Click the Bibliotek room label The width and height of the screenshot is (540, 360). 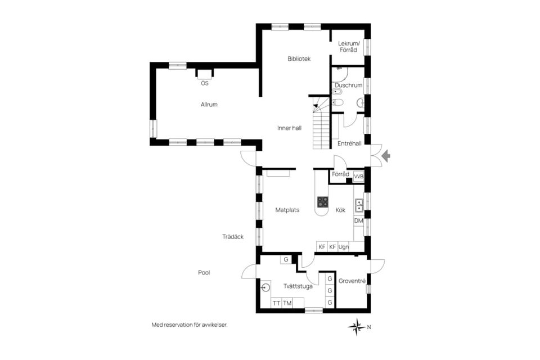click(x=299, y=58)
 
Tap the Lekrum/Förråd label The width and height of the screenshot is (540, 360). click(x=347, y=47)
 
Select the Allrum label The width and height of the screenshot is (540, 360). click(x=209, y=104)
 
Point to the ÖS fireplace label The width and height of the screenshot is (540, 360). click(x=204, y=83)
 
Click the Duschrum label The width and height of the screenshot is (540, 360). click(x=348, y=85)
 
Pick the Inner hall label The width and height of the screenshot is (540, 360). click(x=289, y=128)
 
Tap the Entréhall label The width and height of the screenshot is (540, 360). click(x=349, y=143)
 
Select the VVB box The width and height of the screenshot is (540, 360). click(x=358, y=176)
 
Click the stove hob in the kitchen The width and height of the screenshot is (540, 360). click(x=323, y=201)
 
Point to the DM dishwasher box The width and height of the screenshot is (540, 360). click(x=358, y=221)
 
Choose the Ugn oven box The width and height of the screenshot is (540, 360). click(x=343, y=246)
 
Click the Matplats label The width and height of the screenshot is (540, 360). click(x=287, y=210)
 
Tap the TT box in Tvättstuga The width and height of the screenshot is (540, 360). click(x=276, y=303)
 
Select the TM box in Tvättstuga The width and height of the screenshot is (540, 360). click(x=287, y=303)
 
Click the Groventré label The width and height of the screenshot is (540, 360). click(x=353, y=281)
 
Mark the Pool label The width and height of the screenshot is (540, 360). click(x=204, y=273)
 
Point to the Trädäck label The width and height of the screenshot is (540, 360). click(x=232, y=237)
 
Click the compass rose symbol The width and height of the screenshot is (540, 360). click(x=356, y=326)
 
